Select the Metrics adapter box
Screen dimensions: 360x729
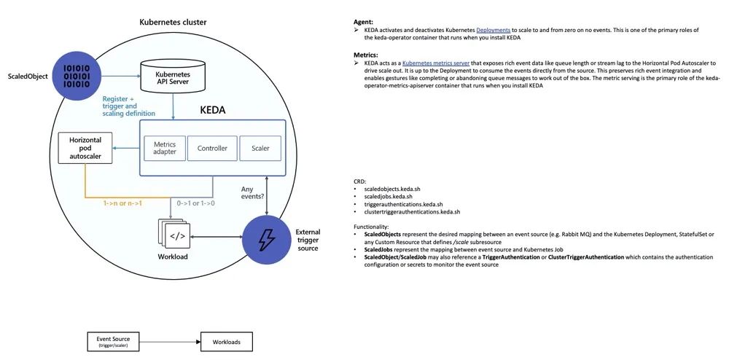click(164, 149)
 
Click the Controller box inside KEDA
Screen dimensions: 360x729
click(212, 149)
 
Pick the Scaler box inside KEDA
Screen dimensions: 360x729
click(260, 149)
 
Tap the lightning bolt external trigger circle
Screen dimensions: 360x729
click(266, 237)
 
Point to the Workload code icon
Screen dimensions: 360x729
click(176, 235)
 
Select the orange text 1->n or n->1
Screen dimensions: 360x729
click(121, 203)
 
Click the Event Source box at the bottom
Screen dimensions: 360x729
click(113, 341)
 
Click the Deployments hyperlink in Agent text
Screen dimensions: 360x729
click(494, 30)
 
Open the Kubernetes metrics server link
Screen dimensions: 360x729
click(436, 63)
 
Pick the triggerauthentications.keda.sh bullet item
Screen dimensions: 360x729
click(405, 204)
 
